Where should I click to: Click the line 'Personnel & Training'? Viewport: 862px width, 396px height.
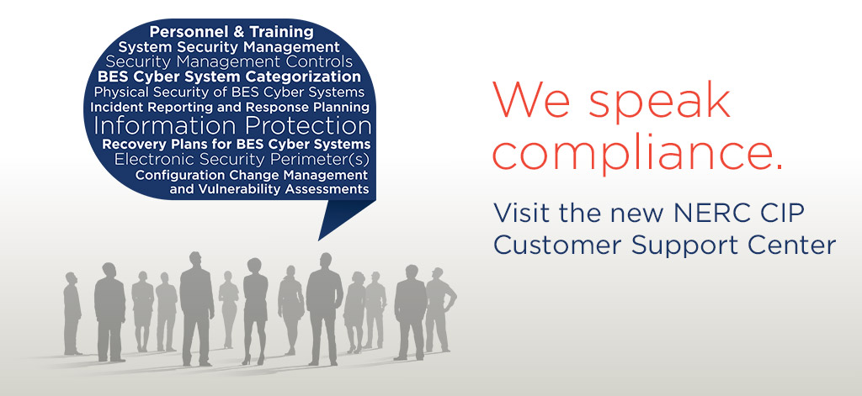(231, 32)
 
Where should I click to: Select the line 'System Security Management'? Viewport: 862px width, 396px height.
(229, 47)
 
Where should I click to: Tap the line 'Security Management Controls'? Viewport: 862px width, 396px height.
(229, 62)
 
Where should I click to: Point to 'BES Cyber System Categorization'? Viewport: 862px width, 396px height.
(229, 77)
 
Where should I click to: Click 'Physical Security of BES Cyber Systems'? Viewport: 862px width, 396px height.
(229, 92)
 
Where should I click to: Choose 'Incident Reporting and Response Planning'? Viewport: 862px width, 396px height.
(229, 108)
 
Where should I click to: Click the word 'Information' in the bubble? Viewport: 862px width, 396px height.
(166, 126)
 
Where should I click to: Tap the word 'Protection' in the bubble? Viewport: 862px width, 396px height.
(308, 126)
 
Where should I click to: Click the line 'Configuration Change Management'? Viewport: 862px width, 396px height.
(251, 174)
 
